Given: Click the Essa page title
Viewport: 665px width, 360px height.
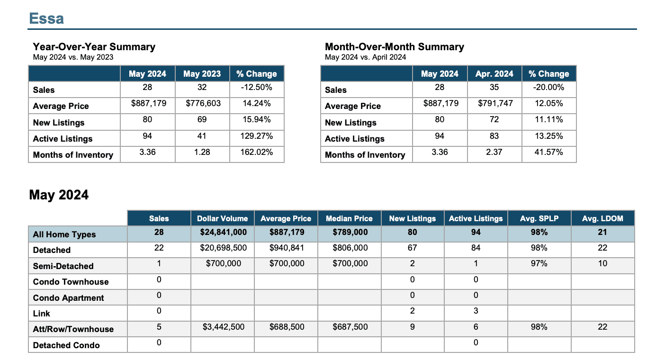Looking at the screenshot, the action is pyautogui.click(x=46, y=18).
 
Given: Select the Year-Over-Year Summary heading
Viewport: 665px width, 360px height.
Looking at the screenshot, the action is pyautogui.click(x=94, y=47).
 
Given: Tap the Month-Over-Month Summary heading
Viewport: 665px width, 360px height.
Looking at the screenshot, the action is pyautogui.click(x=395, y=47).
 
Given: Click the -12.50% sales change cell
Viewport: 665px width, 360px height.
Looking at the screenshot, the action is pyautogui.click(x=257, y=87).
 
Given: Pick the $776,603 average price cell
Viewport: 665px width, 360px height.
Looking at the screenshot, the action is pyautogui.click(x=203, y=103).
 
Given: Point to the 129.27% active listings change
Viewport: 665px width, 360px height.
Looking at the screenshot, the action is pyautogui.click(x=257, y=136).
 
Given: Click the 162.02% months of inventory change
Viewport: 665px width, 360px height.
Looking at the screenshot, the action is pyautogui.click(x=257, y=152).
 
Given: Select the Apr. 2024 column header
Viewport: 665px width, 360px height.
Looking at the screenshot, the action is pyautogui.click(x=494, y=73).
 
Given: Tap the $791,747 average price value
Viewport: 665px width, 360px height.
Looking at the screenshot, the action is pyautogui.click(x=495, y=103).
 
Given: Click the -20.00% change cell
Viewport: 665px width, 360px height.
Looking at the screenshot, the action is pyautogui.click(x=548, y=87).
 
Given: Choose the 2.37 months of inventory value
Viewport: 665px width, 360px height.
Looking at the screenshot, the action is pyautogui.click(x=494, y=152).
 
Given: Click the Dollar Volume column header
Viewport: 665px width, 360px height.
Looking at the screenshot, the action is pyautogui.click(x=222, y=218).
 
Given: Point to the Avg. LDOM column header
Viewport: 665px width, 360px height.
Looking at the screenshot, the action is pyautogui.click(x=602, y=218).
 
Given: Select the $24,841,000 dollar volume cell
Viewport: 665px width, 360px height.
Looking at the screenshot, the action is pyautogui.click(x=223, y=232).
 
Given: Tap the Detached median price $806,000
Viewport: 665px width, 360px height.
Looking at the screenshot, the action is pyautogui.click(x=350, y=248).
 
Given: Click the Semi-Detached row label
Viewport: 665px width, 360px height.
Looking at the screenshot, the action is pyautogui.click(x=63, y=266).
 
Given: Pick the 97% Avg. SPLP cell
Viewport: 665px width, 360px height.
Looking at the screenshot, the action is pyautogui.click(x=539, y=263).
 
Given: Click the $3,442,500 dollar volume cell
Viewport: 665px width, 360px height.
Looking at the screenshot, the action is pyautogui.click(x=223, y=327).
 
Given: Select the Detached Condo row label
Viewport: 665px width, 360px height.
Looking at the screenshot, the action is pyautogui.click(x=66, y=345).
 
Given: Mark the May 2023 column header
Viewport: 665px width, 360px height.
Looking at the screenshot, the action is pyautogui.click(x=202, y=73).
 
